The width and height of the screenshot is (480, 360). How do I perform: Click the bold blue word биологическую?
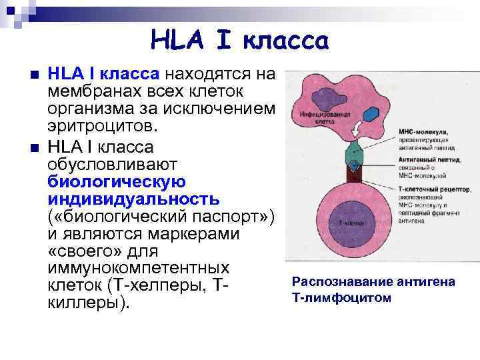point(117,181)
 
